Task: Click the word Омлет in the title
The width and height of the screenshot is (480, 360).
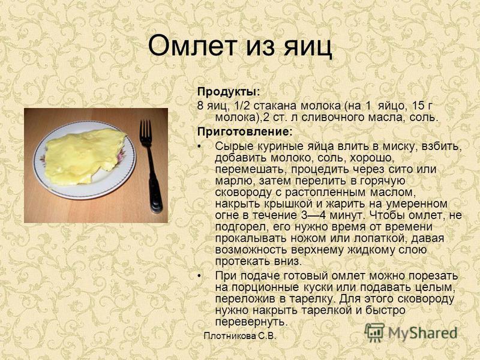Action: [193, 46]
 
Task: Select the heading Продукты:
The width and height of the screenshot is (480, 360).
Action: [229, 92]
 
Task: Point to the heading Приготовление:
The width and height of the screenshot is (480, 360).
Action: [245, 131]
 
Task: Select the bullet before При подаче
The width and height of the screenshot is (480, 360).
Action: [200, 276]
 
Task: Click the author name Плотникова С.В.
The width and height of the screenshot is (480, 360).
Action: [240, 336]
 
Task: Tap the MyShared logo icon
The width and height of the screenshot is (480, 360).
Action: [374, 332]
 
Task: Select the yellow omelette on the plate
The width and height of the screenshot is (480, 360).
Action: [84, 156]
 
